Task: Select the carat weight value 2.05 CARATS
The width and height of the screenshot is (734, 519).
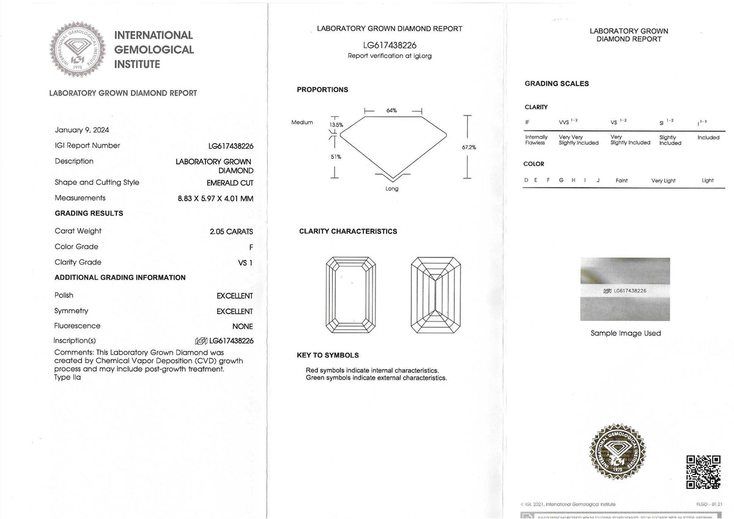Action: tap(231, 232)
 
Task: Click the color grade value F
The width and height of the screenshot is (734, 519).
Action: tap(250, 247)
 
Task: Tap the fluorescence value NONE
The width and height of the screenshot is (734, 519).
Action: tap(242, 326)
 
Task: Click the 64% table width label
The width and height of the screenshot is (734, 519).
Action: tap(391, 111)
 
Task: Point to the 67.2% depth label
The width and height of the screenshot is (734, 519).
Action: tap(469, 147)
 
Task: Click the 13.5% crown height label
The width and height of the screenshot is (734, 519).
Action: tap(336, 125)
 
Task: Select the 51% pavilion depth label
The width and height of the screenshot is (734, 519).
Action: tap(336, 157)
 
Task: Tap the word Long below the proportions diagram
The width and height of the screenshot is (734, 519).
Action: tap(392, 188)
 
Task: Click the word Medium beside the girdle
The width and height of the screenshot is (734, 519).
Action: tap(302, 122)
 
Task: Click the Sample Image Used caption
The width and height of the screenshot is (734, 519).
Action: tap(626, 333)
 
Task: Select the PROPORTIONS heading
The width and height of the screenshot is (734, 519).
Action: tap(322, 90)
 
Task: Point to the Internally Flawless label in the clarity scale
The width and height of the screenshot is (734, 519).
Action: tap(536, 140)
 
